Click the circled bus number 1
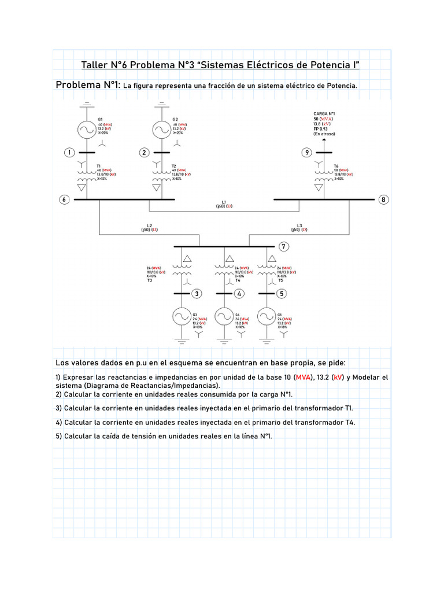[x=69, y=153]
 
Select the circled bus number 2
[x=144, y=153]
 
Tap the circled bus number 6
[x=64, y=199]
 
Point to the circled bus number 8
[x=383, y=199]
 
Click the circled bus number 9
[x=306, y=153]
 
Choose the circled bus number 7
[x=283, y=247]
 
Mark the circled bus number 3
[x=197, y=294]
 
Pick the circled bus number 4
[x=239, y=294]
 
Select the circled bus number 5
[x=282, y=294]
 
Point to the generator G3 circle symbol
[x=182, y=316]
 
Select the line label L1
[x=224, y=202]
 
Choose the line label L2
[x=149, y=225]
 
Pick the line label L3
[x=299, y=225]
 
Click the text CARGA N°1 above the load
[x=324, y=113]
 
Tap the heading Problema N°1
[x=87, y=85]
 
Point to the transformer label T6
[x=336, y=166]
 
